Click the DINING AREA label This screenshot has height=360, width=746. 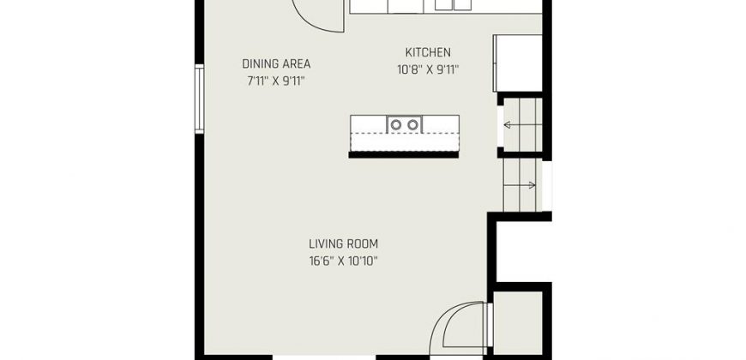click(x=276, y=63)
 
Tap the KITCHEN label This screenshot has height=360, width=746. click(x=428, y=52)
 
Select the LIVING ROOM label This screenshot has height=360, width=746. click(x=344, y=244)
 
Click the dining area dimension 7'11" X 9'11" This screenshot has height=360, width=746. click(x=276, y=81)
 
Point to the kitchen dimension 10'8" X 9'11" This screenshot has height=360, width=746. click(x=428, y=70)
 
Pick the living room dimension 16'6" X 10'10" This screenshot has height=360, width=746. click(x=344, y=261)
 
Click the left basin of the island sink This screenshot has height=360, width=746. click(x=396, y=125)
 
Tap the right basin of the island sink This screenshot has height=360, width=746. click(x=413, y=125)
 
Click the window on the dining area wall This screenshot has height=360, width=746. click(x=199, y=99)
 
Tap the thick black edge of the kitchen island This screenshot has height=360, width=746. click(x=404, y=154)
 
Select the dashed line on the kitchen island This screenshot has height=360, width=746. click(x=405, y=134)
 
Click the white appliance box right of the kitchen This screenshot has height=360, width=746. click(x=518, y=63)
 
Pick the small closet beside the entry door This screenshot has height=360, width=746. click(x=518, y=323)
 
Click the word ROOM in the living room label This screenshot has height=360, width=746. click(x=362, y=244)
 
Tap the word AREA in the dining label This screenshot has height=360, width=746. click(x=297, y=63)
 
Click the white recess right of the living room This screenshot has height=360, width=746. click(x=523, y=252)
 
